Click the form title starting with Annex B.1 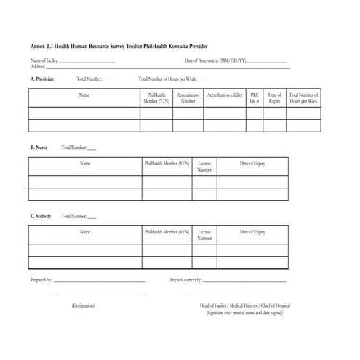tap(124, 46)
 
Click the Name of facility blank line tap(87, 62)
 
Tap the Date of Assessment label tap(215, 60)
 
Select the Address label tap(38, 66)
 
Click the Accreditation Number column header tap(188, 98)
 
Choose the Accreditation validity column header tap(225, 95)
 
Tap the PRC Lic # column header tap(255, 98)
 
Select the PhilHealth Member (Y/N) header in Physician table tap(156, 98)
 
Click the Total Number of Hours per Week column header tap(303, 98)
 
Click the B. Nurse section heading tap(39, 148)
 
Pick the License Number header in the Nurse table tap(204, 167)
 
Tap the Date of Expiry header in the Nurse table tap(252, 164)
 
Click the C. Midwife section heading tap(42, 216)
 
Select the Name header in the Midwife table tap(85, 232)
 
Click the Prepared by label tap(41, 280)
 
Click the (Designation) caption tap(83, 306)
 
